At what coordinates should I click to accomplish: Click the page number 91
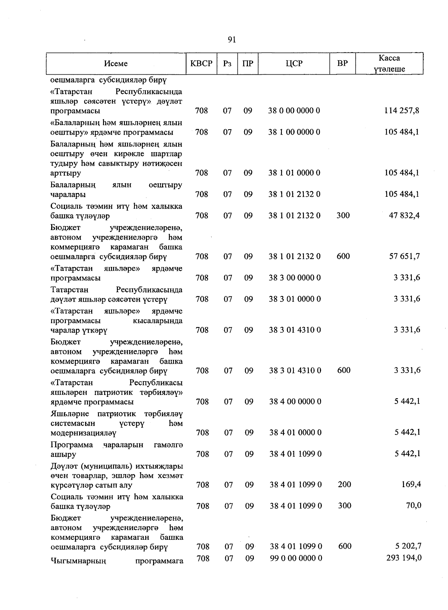tap(231, 40)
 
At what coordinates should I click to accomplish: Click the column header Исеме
tap(116, 64)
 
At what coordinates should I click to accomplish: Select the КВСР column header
tap(202, 63)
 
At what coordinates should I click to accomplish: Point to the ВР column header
tap(342, 63)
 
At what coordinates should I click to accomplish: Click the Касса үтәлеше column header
tap(389, 63)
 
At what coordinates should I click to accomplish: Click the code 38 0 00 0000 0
tap(294, 111)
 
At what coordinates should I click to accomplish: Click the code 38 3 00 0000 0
tap(295, 278)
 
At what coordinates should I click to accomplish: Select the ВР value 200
tap(344, 485)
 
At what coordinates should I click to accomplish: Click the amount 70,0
tap(414, 506)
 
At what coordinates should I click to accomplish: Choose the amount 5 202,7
tap(408, 546)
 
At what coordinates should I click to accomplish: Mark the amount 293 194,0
tap(404, 558)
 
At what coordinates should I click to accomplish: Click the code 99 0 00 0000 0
tap(296, 558)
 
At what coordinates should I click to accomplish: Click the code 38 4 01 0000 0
tap(295, 433)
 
